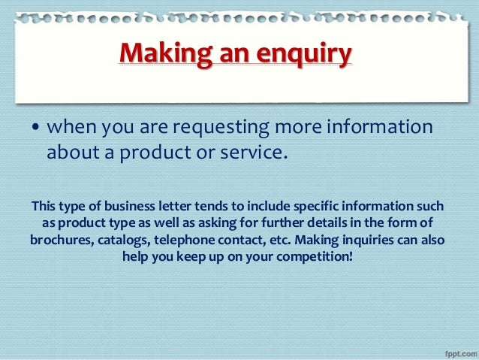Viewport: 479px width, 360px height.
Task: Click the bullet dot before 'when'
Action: [x=35, y=129]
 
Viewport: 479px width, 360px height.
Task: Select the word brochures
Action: [x=62, y=241]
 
